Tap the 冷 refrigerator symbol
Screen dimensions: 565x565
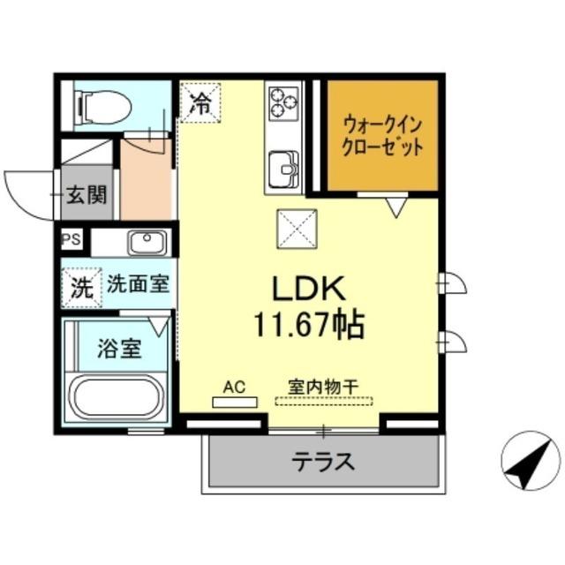point(200,101)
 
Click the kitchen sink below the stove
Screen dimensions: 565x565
point(284,165)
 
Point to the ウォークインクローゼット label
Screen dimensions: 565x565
point(383,135)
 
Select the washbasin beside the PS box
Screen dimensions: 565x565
point(147,242)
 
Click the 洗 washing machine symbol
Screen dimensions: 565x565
point(80,287)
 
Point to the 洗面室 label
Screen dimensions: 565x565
point(139,285)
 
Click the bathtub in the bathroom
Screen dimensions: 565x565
point(117,396)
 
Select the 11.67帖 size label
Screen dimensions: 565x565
point(309,327)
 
